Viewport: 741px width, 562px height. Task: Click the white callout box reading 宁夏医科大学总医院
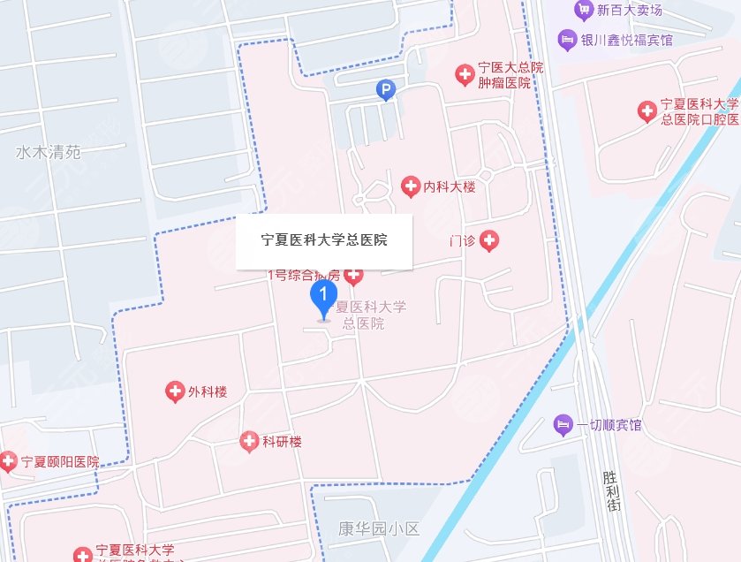pos(324,240)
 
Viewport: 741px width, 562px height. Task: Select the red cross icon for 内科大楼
pos(410,186)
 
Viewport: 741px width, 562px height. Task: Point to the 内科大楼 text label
pos(450,187)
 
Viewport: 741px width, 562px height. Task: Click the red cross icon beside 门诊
pos(488,240)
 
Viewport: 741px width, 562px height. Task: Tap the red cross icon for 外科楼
pos(175,391)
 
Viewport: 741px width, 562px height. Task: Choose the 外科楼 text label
pos(208,392)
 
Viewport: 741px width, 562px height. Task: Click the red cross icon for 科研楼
pos(250,441)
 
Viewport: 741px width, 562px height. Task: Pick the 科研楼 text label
pos(283,442)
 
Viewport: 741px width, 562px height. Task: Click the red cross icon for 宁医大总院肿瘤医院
pos(464,75)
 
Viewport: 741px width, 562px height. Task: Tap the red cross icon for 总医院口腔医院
pos(647,111)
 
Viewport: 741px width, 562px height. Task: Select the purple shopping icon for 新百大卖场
pos(583,11)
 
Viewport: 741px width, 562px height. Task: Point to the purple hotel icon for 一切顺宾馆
pos(563,426)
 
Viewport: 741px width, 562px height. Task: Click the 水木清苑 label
pos(48,152)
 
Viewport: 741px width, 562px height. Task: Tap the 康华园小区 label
pos(379,530)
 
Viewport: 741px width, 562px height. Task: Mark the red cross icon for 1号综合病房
pos(353,276)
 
